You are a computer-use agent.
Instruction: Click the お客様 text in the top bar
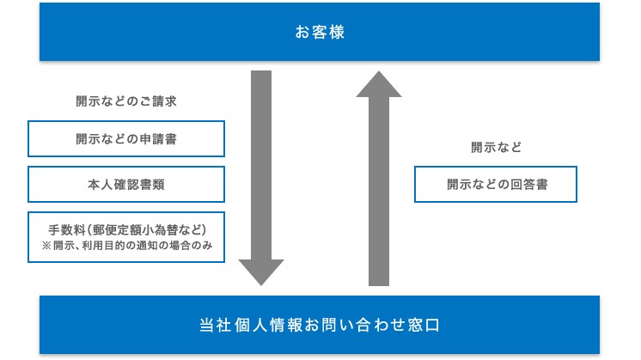320,33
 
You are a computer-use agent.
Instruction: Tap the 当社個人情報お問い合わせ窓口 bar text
320,326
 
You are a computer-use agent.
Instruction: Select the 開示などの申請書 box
126,139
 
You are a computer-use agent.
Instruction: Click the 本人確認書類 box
126,184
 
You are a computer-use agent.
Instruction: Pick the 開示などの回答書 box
496,184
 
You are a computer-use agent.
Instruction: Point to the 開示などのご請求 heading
126,101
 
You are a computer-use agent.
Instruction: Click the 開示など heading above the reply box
497,147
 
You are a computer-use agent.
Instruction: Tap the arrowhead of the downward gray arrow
261,272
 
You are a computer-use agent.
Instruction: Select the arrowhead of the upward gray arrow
379,84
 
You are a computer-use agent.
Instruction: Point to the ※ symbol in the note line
46,246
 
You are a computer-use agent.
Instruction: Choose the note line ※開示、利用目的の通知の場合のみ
127,246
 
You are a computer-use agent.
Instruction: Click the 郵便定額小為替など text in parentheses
147,230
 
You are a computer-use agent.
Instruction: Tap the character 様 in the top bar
337,33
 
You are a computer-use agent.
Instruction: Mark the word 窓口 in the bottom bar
424,326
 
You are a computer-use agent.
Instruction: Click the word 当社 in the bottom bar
216,326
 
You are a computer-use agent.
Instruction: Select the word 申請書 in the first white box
158,139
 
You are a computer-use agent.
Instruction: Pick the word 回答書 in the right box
529,184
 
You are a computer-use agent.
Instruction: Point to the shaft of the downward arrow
261,165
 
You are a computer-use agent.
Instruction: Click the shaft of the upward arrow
379,192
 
